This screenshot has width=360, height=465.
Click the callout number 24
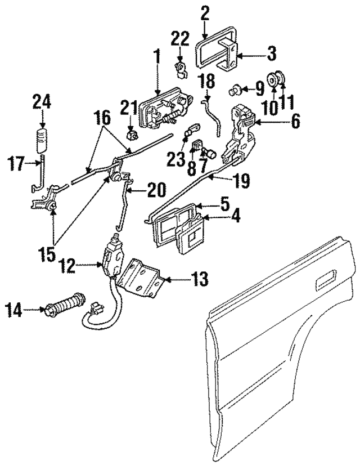(x=42, y=102)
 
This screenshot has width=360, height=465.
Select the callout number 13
(x=200, y=278)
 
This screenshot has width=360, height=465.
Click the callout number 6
(x=294, y=120)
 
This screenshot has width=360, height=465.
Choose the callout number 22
(x=180, y=38)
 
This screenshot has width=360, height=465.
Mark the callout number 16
(x=102, y=118)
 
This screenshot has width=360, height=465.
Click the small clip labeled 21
(x=133, y=136)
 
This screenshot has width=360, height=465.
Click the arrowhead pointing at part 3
(x=241, y=55)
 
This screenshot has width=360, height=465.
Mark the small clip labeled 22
(x=181, y=70)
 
